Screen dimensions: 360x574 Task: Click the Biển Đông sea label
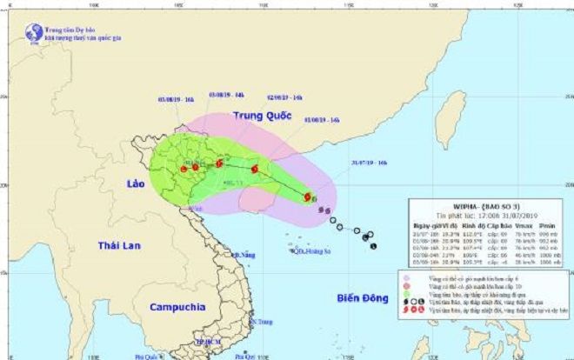pos(362,299)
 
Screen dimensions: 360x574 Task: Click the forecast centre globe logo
pos(34,33)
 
